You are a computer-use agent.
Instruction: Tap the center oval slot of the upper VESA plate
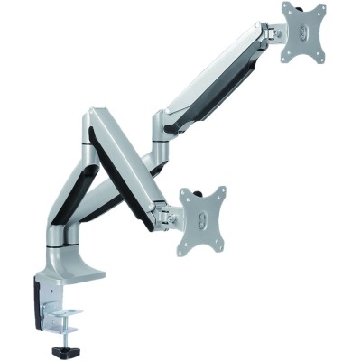pyautogui.click(x=304, y=32)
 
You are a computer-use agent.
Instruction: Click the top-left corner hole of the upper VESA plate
pyautogui.click(x=286, y=8)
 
